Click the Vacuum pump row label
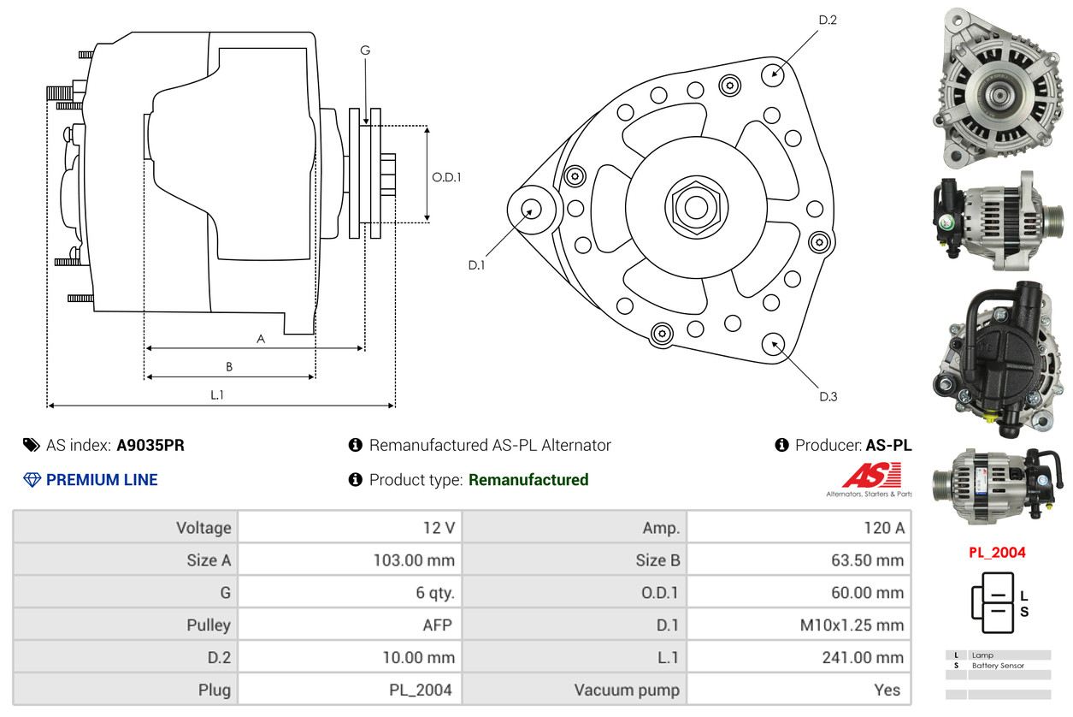pos(627,690)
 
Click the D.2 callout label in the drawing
pos(828,20)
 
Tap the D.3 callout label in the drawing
pos(828,396)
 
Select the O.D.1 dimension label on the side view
pos(446,178)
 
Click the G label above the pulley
pos(365,50)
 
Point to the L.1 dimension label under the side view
pos(217,394)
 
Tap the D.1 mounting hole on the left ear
pos(531,209)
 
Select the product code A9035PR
pos(150,445)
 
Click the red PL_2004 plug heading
pos(997,553)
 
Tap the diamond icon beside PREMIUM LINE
pos(32,480)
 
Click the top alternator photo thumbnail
pos(997,88)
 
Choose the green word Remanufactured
pos(528,480)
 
